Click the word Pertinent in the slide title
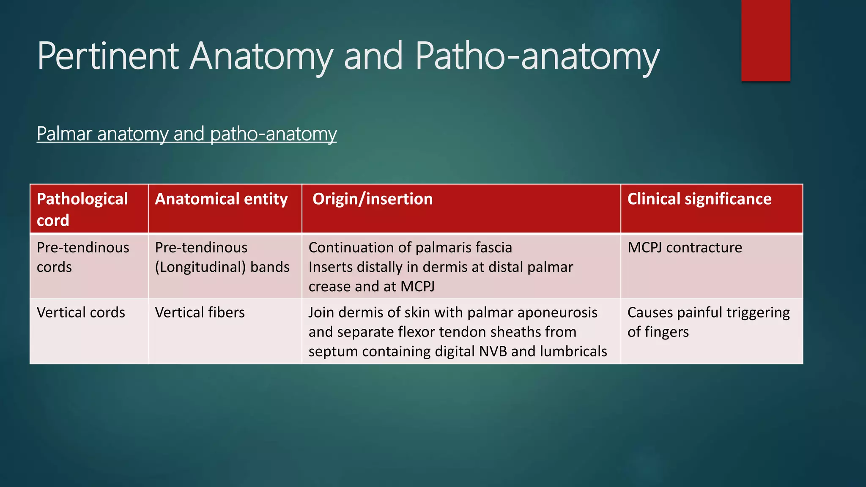[x=108, y=56]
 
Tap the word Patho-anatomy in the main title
[x=537, y=56]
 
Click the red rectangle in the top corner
[x=765, y=40]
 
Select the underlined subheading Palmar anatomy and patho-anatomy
[x=186, y=134]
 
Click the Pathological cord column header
[x=82, y=209]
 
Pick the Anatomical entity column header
[x=221, y=199]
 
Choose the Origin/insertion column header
[x=373, y=199]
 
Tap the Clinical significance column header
[x=699, y=199]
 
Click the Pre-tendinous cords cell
[x=83, y=257]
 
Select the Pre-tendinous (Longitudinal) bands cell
[x=222, y=257]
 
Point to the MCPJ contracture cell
[x=685, y=247]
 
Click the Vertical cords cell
[x=81, y=312]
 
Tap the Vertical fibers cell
[x=200, y=312]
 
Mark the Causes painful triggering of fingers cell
[x=708, y=322]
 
